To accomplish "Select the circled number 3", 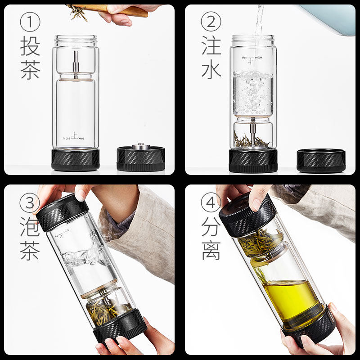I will pyautogui.click(x=30, y=204).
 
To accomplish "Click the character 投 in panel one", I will pyautogui.click(x=30, y=46).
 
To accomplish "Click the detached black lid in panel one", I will pyautogui.click(x=140, y=158).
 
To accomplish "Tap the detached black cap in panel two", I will pyautogui.click(x=321, y=161).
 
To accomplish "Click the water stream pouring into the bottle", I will pyautogui.click(x=258, y=22).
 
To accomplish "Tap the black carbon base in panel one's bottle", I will pyautogui.click(x=75, y=159).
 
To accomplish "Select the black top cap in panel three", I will pyautogui.click(x=61, y=211).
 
